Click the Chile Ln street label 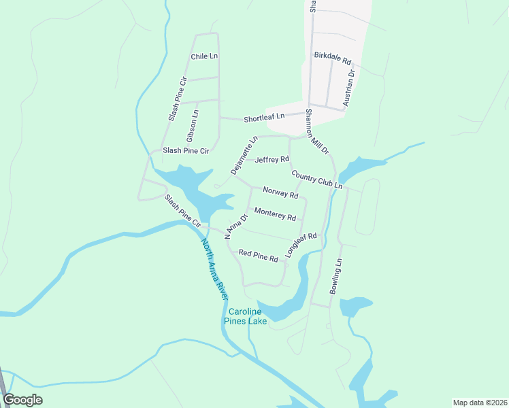[204, 56]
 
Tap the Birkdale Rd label [332, 58]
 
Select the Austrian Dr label [349, 88]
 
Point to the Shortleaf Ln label [264, 118]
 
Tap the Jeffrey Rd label [272, 160]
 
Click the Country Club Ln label [316, 180]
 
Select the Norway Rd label [280, 194]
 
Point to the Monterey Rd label [275, 215]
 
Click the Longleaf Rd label [301, 243]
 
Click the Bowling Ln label [337, 276]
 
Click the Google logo [23, 400]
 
